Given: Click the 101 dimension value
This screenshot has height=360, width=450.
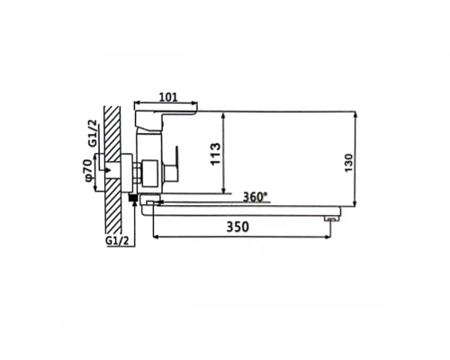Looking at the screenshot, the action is coord(168,97).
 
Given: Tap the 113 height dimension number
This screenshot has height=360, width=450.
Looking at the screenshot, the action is coord(215,154).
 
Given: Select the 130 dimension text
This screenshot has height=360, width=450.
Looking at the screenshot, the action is coord(348,163).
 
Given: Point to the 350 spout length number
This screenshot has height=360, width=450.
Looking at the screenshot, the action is coord(238,227).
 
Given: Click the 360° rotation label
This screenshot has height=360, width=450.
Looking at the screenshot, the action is coord(255,197).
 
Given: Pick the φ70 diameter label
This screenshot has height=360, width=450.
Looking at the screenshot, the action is coord(88,171).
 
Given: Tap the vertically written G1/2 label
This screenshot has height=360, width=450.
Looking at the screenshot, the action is coord(93,133).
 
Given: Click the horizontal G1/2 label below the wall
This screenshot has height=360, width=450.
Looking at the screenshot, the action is coord(117,240).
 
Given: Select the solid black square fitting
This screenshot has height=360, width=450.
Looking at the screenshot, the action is coord(133,198).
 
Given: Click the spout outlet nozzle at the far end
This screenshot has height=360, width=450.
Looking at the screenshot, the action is coord(331,220).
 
